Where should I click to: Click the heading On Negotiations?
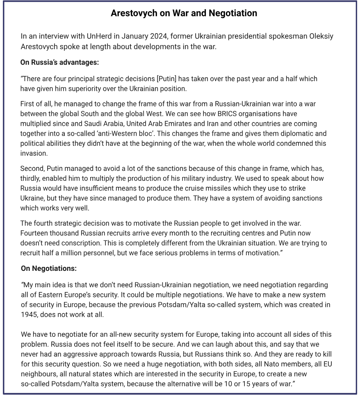49,269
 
